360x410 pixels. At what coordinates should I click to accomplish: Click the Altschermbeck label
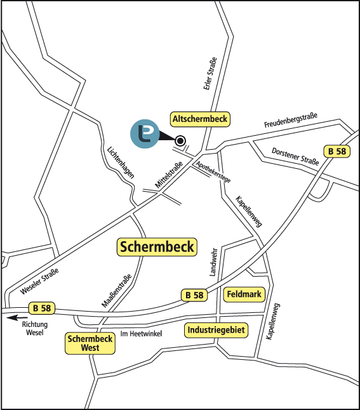pyautogui.click(x=201, y=119)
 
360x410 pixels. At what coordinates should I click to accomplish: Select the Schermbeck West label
pyautogui.click(x=90, y=343)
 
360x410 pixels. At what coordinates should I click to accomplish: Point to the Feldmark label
pyautogui.click(x=244, y=294)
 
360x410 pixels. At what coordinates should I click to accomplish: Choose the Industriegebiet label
pyautogui.click(x=216, y=330)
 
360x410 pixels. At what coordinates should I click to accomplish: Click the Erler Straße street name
pyautogui.click(x=207, y=76)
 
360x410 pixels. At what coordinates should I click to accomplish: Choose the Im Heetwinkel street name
pyautogui.click(x=141, y=334)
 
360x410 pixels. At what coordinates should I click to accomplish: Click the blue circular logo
pyautogui.click(x=145, y=134)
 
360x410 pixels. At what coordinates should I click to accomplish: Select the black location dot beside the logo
pyautogui.click(x=180, y=141)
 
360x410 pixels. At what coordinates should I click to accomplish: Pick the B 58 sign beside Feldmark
pyautogui.click(x=194, y=294)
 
